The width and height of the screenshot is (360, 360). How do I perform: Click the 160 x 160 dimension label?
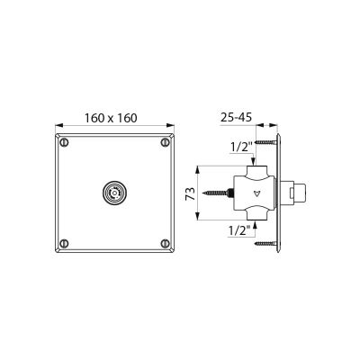(111, 118)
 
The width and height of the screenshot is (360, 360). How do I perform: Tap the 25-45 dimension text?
(236, 117)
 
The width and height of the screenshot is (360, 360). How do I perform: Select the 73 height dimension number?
(190, 193)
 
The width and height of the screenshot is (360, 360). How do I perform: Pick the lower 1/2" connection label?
(239, 230)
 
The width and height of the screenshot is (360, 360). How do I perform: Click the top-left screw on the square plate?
(64, 142)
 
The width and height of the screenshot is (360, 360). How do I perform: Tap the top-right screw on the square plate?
(165, 142)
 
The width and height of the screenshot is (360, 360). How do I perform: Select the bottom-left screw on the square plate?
(64, 243)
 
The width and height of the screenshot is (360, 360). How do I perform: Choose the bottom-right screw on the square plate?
(165, 243)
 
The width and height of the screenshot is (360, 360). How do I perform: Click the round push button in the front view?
(114, 193)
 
